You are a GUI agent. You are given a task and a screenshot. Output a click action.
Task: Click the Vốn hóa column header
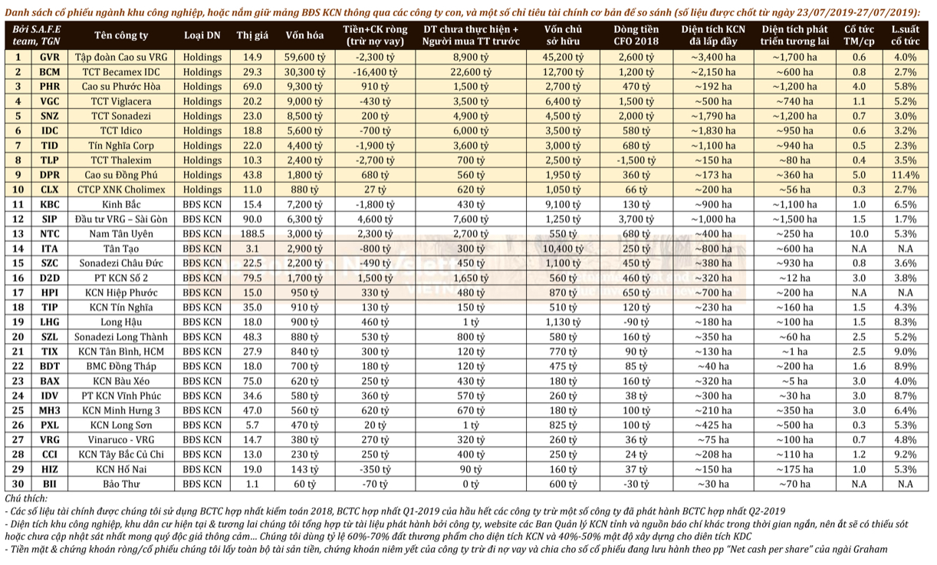click(304, 35)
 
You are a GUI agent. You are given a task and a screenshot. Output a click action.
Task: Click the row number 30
click(18, 484)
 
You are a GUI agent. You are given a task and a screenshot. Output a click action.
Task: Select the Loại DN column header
click(202, 35)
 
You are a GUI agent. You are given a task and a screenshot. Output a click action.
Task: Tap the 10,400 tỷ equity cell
click(563, 249)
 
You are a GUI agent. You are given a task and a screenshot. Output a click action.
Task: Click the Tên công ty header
click(121, 35)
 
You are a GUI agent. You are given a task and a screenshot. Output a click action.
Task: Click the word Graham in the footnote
click(869, 549)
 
